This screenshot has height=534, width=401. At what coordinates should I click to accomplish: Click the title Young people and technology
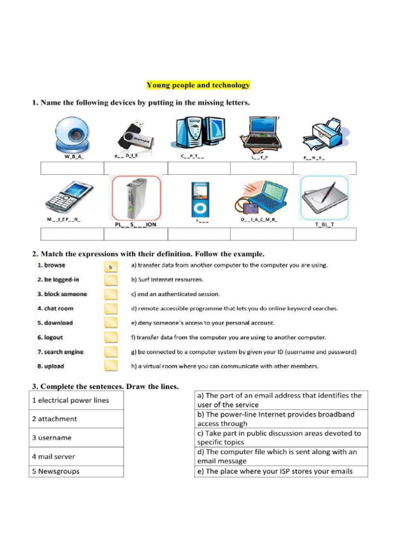click(198, 85)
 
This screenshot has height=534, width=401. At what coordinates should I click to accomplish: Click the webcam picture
click(73, 134)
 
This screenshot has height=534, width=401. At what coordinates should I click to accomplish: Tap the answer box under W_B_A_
click(72, 168)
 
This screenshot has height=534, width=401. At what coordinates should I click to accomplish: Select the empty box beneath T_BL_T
click(325, 234)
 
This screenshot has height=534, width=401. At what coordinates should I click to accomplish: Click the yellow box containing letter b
click(111, 267)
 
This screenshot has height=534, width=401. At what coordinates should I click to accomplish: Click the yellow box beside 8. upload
click(111, 366)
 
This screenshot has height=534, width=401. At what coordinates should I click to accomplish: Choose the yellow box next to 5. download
click(111, 323)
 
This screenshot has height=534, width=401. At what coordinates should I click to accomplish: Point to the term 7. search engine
click(60, 352)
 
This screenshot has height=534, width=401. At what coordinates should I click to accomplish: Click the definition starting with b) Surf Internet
click(167, 280)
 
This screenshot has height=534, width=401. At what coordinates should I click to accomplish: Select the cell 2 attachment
click(76, 419)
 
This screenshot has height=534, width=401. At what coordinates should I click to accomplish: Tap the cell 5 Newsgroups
click(76, 471)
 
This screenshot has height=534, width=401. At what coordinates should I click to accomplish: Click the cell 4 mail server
click(76, 456)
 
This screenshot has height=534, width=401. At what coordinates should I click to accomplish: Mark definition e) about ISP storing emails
click(281, 471)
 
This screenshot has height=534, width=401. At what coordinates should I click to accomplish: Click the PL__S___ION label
click(136, 224)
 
